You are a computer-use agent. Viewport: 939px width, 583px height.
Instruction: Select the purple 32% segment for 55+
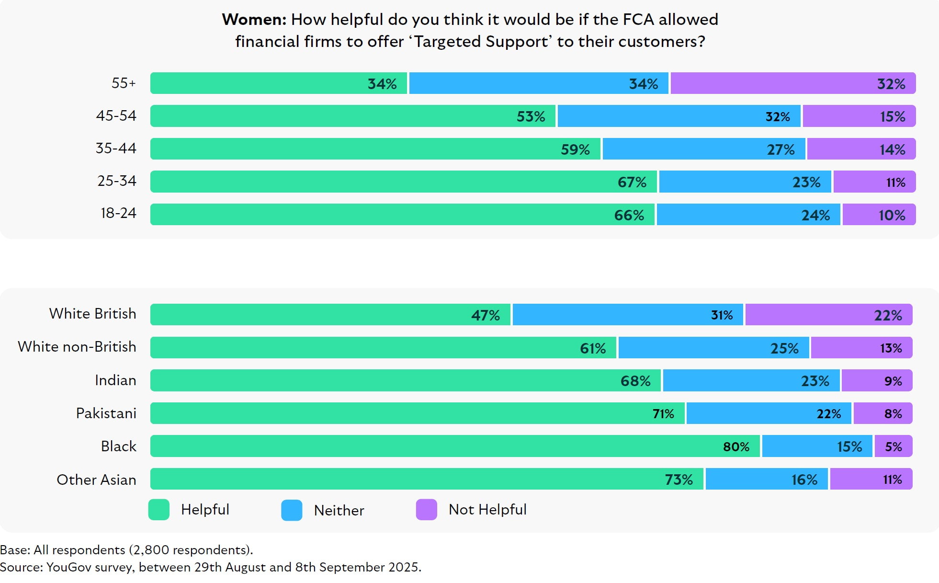792,83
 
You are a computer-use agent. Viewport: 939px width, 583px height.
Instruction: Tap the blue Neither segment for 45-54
679,116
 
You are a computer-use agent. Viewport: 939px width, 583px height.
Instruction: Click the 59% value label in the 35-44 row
575,149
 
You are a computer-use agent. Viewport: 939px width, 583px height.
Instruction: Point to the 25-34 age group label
117,181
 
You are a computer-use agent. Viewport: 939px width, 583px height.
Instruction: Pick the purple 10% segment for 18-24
879,215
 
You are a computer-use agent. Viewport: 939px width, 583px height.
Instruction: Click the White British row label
92,314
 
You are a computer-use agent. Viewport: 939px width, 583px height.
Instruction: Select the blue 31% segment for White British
627,315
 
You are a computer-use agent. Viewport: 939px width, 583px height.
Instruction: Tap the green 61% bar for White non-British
383,348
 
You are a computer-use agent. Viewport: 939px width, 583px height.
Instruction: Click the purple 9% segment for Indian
877,381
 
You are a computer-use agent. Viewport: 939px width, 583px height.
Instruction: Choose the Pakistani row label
106,413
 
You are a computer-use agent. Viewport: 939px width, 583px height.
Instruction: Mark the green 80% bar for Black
455,446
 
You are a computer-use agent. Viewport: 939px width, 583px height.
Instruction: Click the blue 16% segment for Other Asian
766,480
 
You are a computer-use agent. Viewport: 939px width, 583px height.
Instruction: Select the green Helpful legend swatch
159,510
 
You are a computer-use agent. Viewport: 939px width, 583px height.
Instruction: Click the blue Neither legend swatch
292,510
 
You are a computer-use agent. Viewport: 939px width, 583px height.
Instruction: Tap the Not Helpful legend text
487,510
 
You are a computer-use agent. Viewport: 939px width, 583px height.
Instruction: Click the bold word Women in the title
254,20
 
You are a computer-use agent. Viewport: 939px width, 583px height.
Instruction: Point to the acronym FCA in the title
638,20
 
